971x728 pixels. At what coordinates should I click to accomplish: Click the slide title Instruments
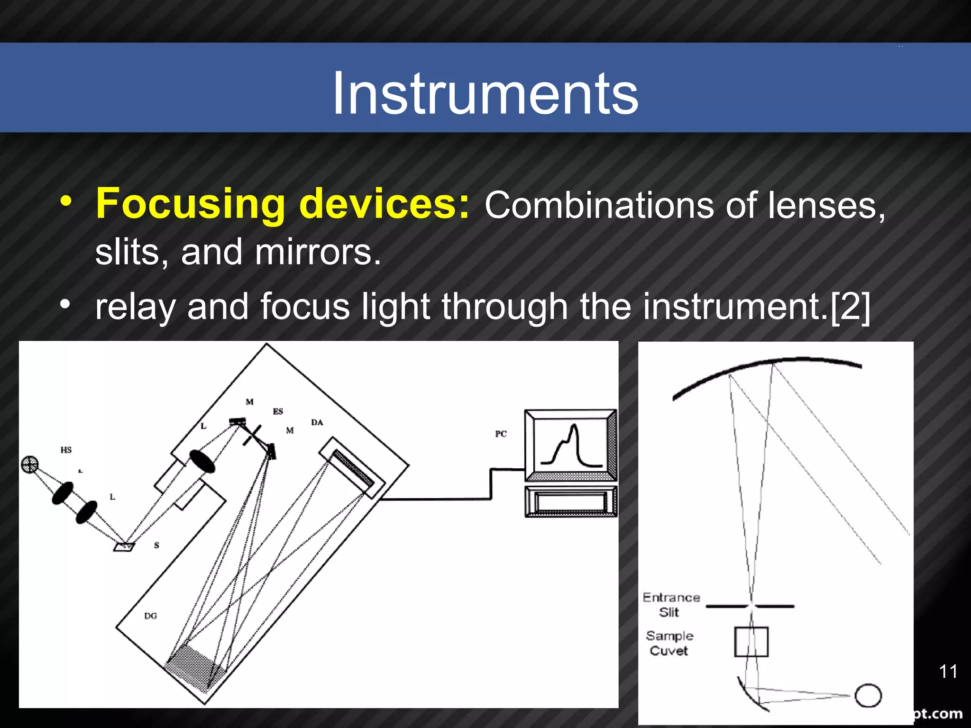coord(485,93)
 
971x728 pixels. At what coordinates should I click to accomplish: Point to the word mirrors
coord(317,252)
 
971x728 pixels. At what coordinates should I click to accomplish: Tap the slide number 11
coord(948,671)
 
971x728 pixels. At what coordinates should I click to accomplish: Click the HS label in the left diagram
coord(66,450)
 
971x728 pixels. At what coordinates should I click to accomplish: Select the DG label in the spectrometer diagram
coord(150,616)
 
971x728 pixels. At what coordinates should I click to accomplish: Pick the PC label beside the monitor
coord(501,434)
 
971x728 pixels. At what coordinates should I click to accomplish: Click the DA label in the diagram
coord(317,422)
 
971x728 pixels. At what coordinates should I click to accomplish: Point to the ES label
coord(278,411)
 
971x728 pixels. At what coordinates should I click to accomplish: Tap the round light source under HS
coord(30,464)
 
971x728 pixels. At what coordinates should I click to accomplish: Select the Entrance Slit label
coord(671,605)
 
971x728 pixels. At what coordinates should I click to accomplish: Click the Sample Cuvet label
coord(669,643)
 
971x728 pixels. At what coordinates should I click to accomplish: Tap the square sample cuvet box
coord(751,642)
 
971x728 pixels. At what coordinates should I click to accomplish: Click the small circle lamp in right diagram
coord(868,695)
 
